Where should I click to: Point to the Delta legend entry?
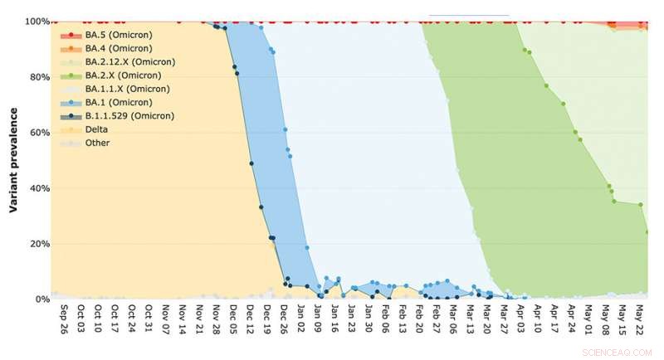(x=96, y=129)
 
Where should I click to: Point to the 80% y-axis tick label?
(x=37, y=77)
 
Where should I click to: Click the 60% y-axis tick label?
(x=37, y=133)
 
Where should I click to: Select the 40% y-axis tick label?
(x=37, y=188)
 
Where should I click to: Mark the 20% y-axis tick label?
(x=37, y=244)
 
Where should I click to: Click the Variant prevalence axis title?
(x=14, y=160)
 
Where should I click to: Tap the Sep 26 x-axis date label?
(x=64, y=318)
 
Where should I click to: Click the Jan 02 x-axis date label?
(x=301, y=318)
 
